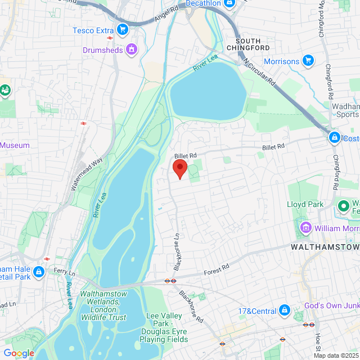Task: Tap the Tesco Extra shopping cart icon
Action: pyautogui.click(x=121, y=30)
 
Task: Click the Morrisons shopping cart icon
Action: pyautogui.click(x=308, y=60)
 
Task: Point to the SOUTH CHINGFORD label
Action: pyautogui.click(x=256, y=44)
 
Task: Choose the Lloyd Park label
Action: pyautogui.click(x=305, y=204)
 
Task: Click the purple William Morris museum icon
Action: pyautogui.click(x=306, y=228)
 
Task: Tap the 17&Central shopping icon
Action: pyautogui.click(x=284, y=310)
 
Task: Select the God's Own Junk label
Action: pyautogui.click(x=331, y=305)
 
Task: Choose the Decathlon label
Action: pyautogui.click(x=203, y=3)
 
